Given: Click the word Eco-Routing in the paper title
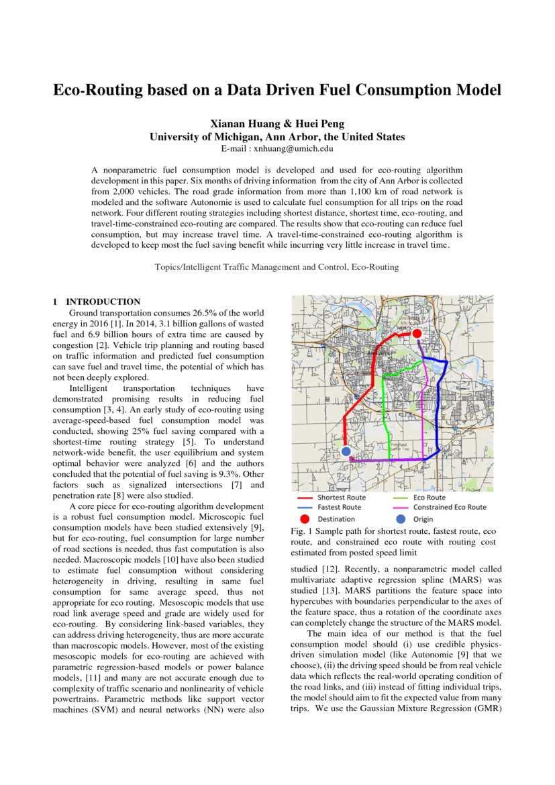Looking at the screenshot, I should [x=101, y=90].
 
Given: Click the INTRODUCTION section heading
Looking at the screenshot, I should [x=103, y=302].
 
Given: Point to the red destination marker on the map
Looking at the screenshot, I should [x=416, y=333].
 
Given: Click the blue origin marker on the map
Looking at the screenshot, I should [x=346, y=451].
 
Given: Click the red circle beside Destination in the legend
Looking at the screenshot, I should [x=305, y=519].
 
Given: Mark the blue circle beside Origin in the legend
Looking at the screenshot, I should [x=401, y=519].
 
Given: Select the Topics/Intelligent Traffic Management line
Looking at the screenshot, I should [x=276, y=267].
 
